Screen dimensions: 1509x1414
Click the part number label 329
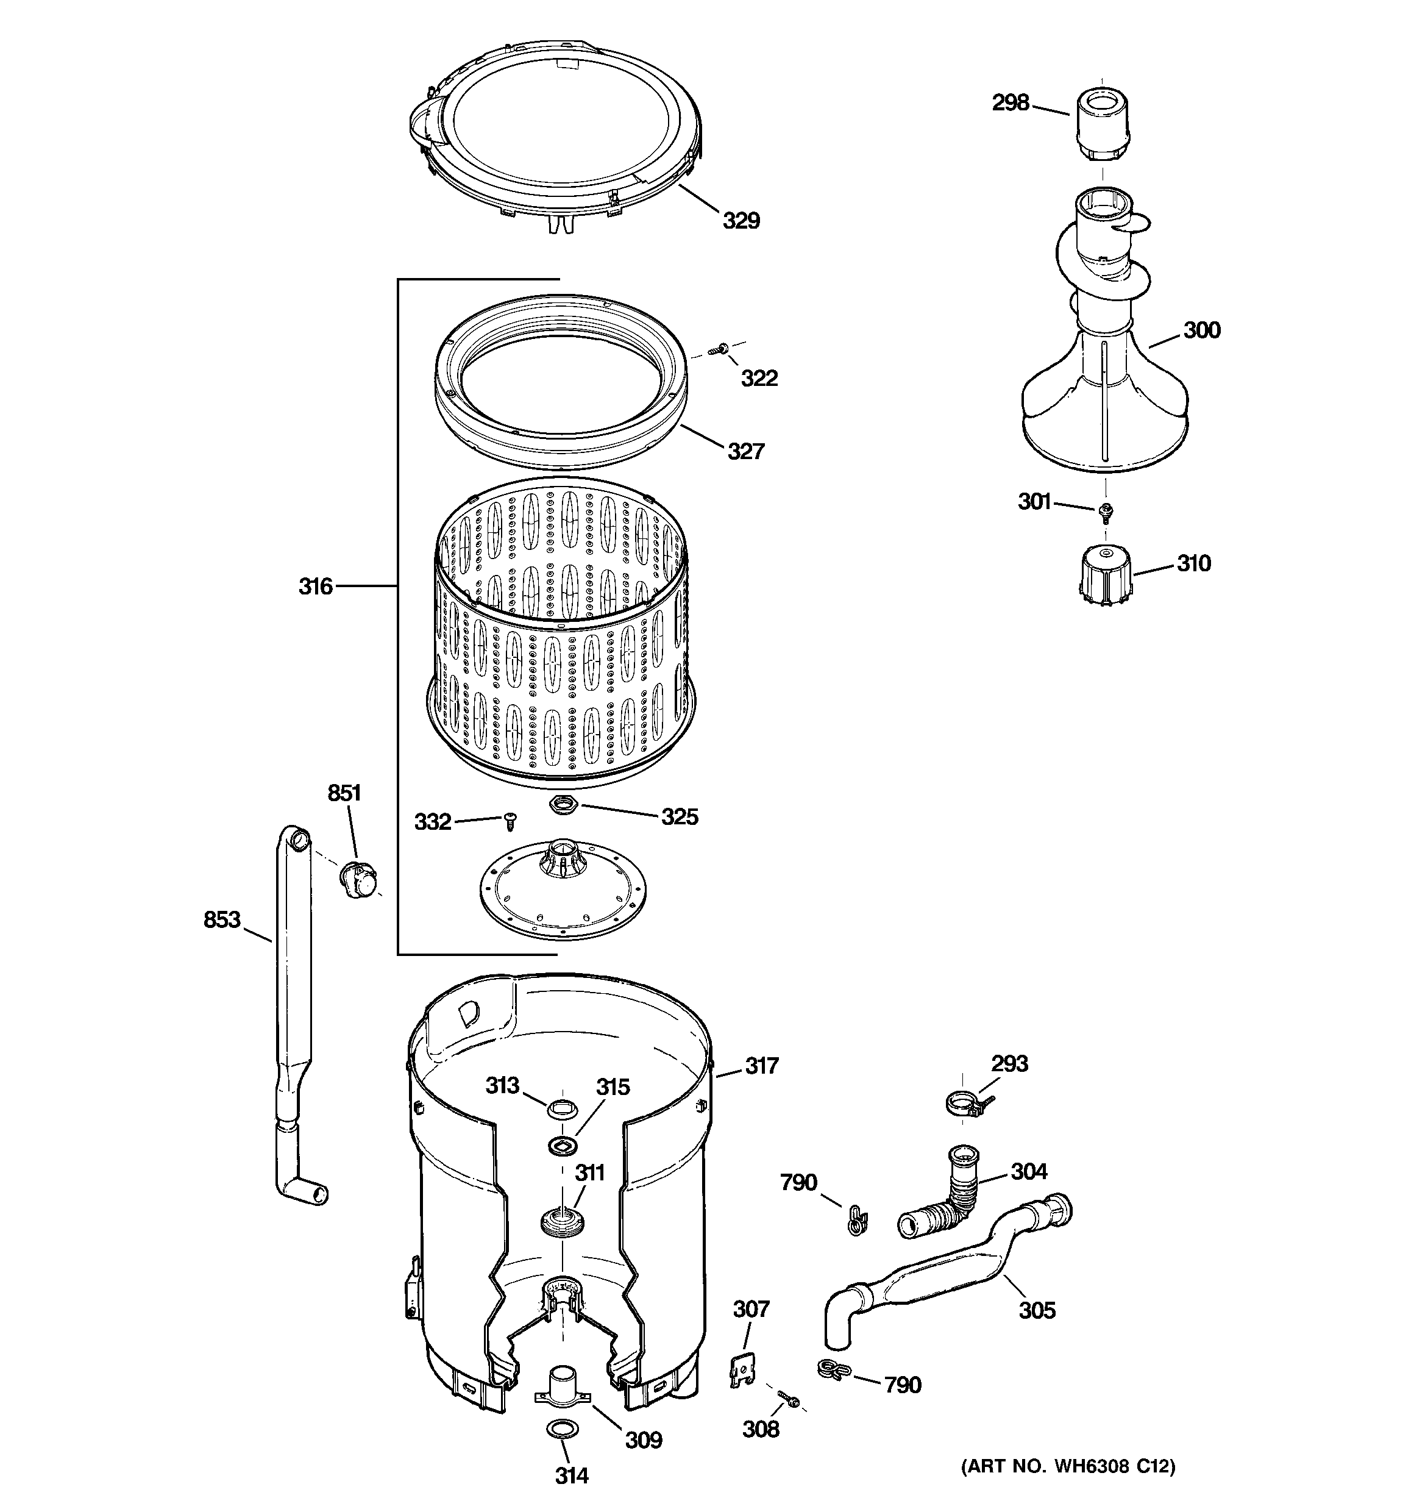(x=740, y=220)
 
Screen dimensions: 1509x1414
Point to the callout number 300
(x=1201, y=330)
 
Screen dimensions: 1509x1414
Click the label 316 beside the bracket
(x=315, y=586)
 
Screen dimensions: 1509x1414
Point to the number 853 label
(x=222, y=919)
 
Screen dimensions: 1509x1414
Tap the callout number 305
(x=1037, y=1310)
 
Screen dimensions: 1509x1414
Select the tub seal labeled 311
(x=561, y=1223)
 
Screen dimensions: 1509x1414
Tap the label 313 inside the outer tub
(x=502, y=1085)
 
